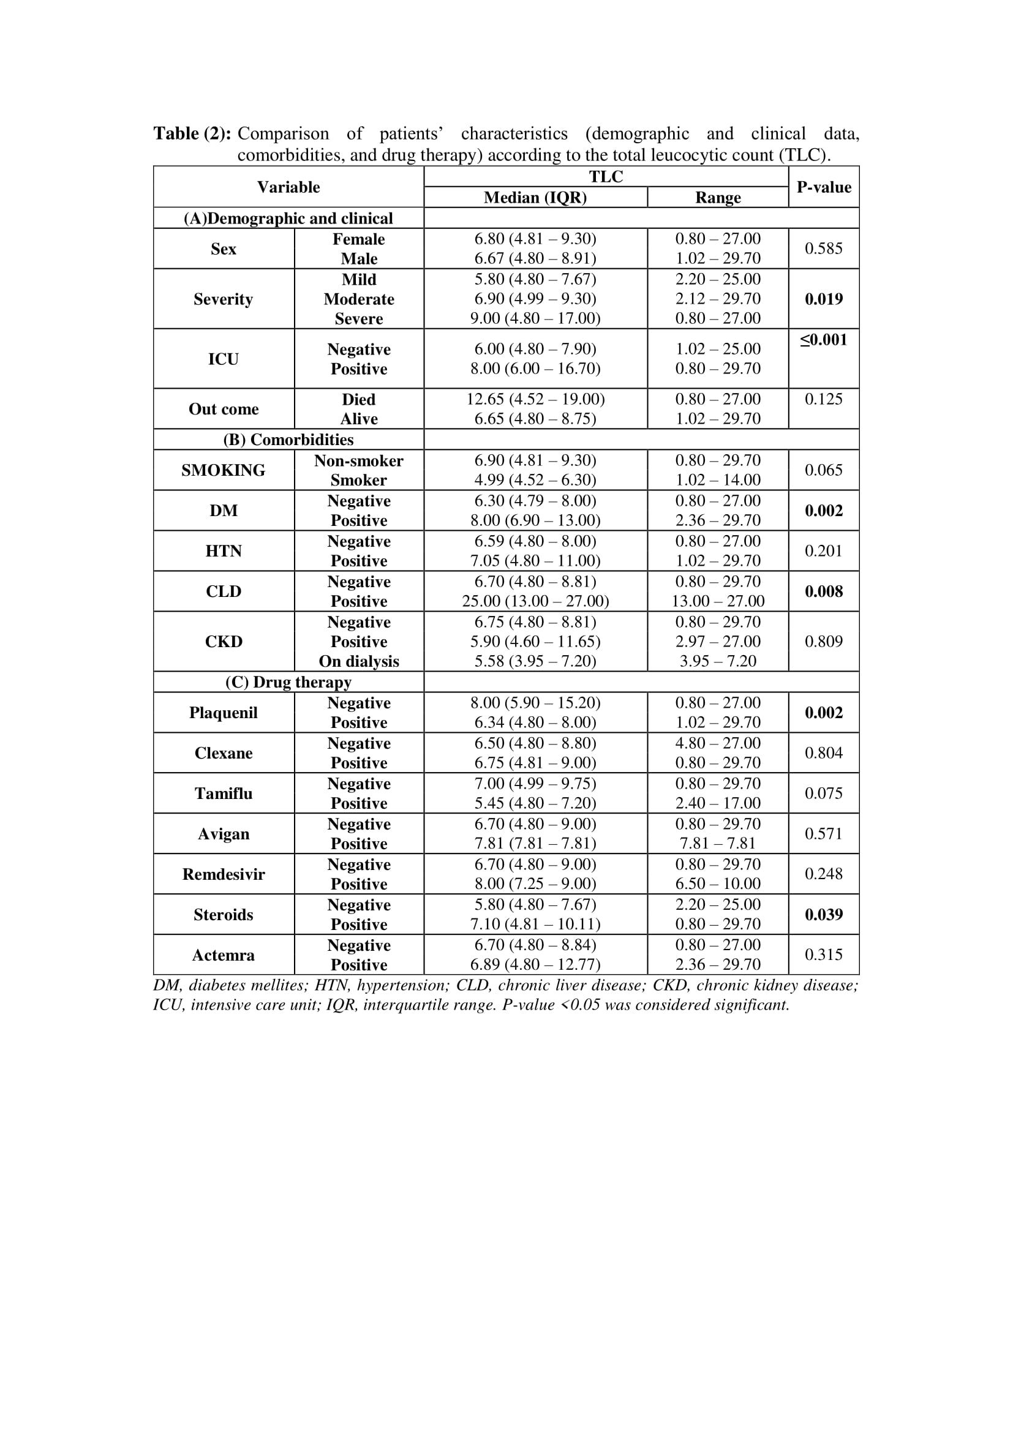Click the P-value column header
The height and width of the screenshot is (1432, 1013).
(x=823, y=187)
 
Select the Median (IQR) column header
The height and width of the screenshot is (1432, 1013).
(x=535, y=198)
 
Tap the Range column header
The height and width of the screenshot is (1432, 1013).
(x=717, y=198)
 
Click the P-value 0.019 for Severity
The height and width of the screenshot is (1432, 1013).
(x=823, y=299)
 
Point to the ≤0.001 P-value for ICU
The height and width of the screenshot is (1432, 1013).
(x=823, y=340)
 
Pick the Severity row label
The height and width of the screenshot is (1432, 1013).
(x=224, y=299)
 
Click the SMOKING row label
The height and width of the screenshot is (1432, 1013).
(x=224, y=470)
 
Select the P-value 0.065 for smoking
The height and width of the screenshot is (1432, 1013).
(x=823, y=470)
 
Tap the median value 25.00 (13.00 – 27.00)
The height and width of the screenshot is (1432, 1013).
(x=535, y=601)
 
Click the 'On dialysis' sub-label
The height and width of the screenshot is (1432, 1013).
(x=359, y=661)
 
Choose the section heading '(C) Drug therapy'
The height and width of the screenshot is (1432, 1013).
(x=288, y=682)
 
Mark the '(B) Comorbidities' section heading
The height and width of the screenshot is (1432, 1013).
(x=288, y=440)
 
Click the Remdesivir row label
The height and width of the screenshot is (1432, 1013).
(x=224, y=874)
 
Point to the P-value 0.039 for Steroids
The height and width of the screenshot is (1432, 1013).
(x=823, y=915)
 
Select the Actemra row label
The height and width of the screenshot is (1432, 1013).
(x=224, y=956)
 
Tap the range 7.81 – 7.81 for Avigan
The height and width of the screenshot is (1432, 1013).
(x=717, y=844)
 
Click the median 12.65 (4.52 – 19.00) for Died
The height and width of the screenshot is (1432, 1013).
(x=535, y=399)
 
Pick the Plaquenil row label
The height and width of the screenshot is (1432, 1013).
(x=224, y=713)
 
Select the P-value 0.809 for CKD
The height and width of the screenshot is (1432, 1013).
(x=823, y=642)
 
